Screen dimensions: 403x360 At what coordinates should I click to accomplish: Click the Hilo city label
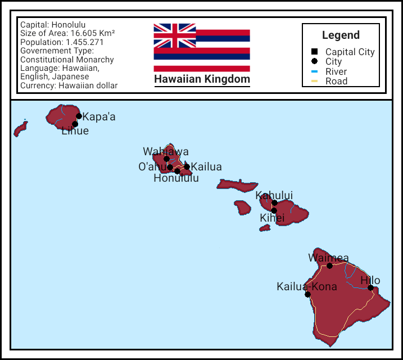[x=370, y=280]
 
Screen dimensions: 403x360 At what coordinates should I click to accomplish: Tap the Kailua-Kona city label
[x=307, y=286]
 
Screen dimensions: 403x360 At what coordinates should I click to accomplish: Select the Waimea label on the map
[x=328, y=258]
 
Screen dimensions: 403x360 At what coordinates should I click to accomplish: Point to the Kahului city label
[x=274, y=195]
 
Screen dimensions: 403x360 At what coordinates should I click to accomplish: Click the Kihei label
[x=272, y=218]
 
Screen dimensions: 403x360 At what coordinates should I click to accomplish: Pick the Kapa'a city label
[x=99, y=117]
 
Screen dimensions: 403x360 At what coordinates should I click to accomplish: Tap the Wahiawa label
[x=166, y=151]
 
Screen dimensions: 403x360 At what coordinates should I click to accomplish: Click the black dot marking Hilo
[x=371, y=288]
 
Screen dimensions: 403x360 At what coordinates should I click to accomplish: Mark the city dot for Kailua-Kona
[x=307, y=294]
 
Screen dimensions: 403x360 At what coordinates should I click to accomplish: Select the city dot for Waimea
[x=330, y=265]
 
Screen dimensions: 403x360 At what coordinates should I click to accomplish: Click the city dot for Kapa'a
[x=79, y=116]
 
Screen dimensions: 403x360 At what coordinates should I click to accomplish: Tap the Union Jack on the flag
[x=175, y=35]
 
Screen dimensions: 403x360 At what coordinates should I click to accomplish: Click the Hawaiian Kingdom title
[x=202, y=79]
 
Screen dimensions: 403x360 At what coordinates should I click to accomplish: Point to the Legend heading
[x=341, y=35]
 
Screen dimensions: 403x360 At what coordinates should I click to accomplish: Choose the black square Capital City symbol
[x=314, y=52]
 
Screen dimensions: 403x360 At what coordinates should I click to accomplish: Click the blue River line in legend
[x=314, y=71]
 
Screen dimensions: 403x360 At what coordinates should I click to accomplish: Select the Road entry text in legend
[x=336, y=81]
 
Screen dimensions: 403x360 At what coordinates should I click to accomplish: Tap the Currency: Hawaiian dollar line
[x=69, y=85]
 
